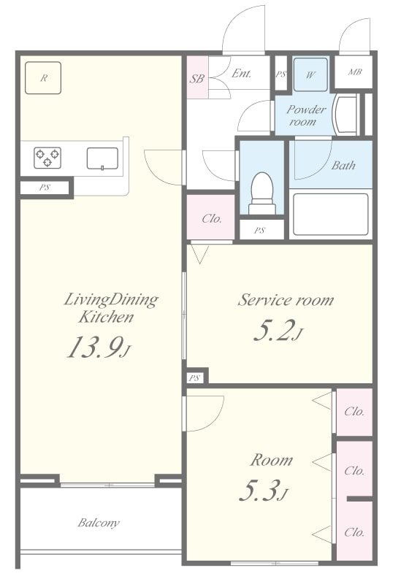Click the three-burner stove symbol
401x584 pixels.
click(x=47, y=158)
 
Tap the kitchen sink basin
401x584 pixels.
click(x=102, y=158)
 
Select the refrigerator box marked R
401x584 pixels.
click(x=43, y=78)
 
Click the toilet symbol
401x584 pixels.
click(x=262, y=193)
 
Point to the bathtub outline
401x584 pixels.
click(x=331, y=214)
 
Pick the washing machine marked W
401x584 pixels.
click(x=310, y=74)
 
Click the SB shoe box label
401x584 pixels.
click(x=196, y=79)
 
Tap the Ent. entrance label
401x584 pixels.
click(x=242, y=74)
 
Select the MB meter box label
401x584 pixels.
click(x=354, y=72)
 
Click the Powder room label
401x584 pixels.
click(x=305, y=115)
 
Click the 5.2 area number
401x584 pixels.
click(x=278, y=331)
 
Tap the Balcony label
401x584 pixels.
click(x=99, y=523)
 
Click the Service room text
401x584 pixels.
click(x=286, y=300)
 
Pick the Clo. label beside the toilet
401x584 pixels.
click(x=212, y=218)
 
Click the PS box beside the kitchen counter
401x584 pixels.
click(x=45, y=188)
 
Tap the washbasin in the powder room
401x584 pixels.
click(x=347, y=115)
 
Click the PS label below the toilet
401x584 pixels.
click(x=259, y=231)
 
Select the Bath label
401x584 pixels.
click(x=343, y=165)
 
